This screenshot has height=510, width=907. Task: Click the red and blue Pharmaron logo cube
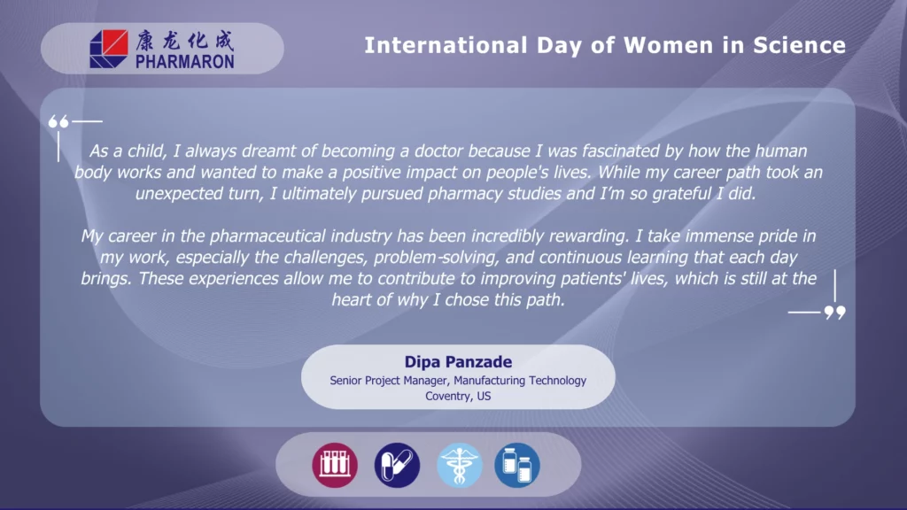(x=109, y=50)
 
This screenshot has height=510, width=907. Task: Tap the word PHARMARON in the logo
(x=185, y=61)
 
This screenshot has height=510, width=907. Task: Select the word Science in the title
(x=800, y=45)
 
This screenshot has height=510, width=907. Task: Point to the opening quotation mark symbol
(x=58, y=121)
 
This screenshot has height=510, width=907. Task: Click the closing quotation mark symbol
(x=834, y=313)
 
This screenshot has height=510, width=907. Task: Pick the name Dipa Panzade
(x=458, y=362)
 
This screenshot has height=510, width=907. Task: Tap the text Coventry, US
(x=458, y=396)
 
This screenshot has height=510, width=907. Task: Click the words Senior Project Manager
(x=388, y=381)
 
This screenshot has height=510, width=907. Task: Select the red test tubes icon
(x=335, y=465)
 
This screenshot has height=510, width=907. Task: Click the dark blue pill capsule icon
(x=397, y=465)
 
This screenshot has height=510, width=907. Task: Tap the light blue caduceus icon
(x=460, y=465)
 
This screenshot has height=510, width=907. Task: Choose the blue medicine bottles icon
(x=517, y=465)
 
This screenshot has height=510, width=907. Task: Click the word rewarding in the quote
(x=588, y=236)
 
